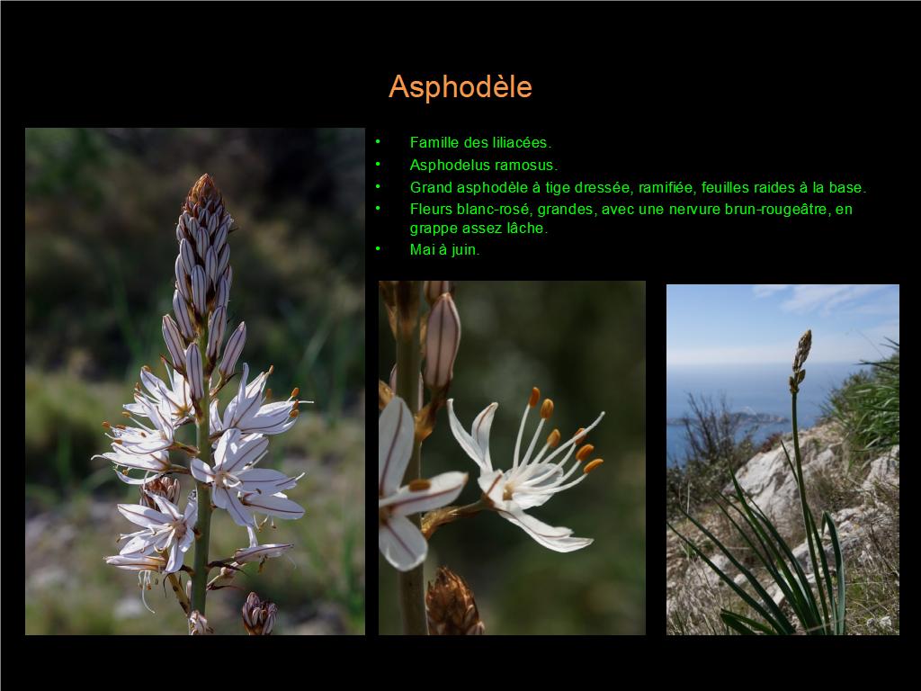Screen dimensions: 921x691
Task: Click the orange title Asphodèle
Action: pos(460,87)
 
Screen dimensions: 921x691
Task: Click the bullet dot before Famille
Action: pos(378,141)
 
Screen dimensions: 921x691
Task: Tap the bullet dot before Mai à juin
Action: pos(378,248)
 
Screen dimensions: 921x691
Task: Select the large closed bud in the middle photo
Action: pos(442,342)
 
